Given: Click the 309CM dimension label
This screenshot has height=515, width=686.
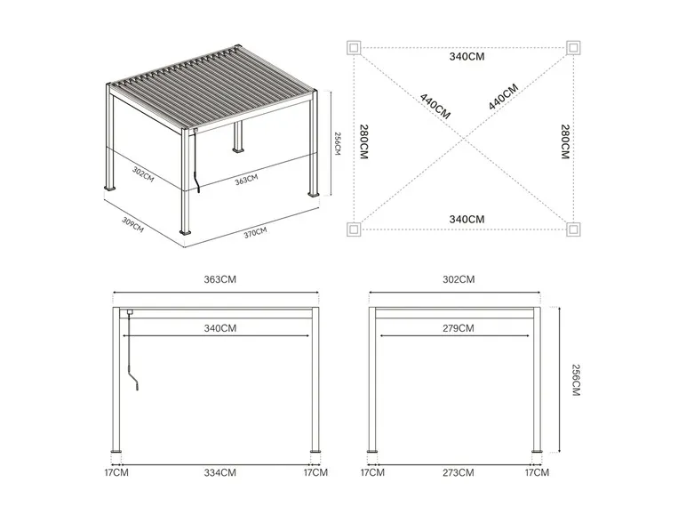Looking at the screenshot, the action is (x=132, y=225).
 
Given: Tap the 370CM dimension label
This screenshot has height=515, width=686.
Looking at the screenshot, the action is (x=256, y=233).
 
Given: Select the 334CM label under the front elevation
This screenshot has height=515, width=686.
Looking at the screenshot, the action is (x=220, y=473).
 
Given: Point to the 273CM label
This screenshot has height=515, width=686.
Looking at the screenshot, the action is (x=458, y=473).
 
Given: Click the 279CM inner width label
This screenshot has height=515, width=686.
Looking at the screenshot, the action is (x=458, y=328).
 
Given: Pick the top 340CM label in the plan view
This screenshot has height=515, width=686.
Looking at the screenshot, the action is (x=467, y=57).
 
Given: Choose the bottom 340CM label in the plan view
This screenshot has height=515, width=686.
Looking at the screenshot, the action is (x=467, y=220).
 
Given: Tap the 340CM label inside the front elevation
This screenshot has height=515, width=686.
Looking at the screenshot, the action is (x=220, y=328).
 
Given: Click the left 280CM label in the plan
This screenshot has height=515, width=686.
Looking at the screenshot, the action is (x=364, y=142).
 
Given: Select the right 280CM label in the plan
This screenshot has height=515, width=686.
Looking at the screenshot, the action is (x=565, y=142).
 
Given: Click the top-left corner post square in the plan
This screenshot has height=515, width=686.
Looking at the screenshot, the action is (x=354, y=47).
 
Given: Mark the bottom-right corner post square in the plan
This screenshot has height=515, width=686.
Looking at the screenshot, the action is (x=573, y=229).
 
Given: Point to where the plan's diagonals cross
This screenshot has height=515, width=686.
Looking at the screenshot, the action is (x=464, y=139).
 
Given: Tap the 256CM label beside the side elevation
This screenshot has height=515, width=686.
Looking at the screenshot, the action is (x=576, y=380).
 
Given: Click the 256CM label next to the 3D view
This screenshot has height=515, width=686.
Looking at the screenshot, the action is (x=338, y=143).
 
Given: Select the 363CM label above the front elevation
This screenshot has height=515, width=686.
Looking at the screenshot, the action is (x=220, y=279).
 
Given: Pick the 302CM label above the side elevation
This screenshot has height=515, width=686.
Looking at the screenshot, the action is (x=459, y=279).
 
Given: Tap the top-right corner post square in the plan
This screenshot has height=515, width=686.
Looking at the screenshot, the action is (x=573, y=47).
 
